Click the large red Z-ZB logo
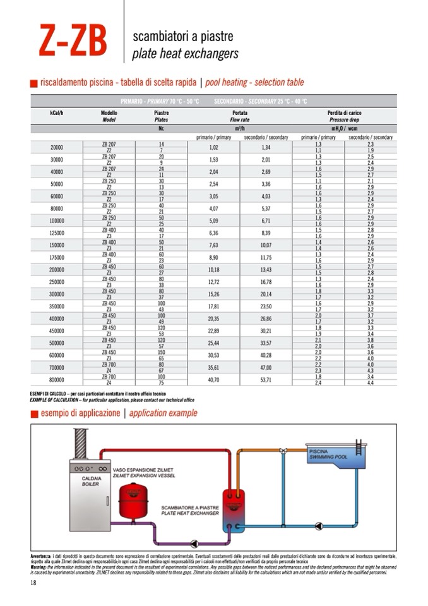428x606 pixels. [71, 41]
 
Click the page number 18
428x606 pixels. [33, 583]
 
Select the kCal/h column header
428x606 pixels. [56, 113]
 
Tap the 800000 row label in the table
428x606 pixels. [56, 379]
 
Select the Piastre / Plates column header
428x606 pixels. [161, 116]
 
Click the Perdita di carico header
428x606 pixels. [344, 113]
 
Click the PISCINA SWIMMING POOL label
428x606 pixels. [328, 454]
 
